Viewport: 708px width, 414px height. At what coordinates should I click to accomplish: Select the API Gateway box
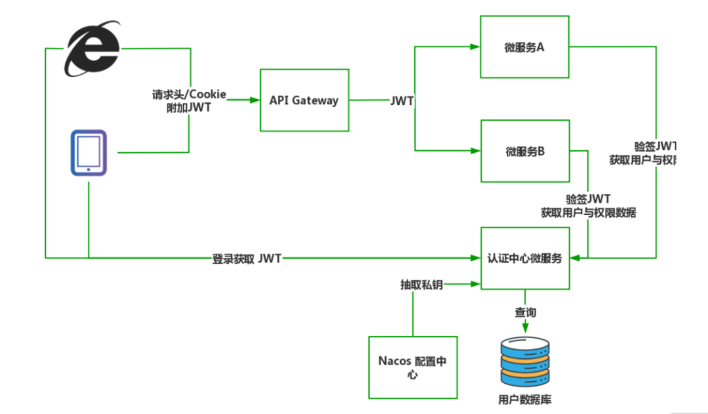click(304, 100)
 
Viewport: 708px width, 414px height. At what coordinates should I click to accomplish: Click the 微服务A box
click(524, 47)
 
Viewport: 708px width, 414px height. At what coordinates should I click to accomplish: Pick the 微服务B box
click(524, 151)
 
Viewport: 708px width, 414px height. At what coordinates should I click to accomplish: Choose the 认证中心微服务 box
click(524, 258)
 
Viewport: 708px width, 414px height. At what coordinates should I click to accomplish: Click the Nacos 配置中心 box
click(412, 367)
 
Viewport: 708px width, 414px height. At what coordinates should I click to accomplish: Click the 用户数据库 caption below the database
click(524, 399)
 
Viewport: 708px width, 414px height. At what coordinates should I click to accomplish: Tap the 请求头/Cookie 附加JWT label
click(189, 101)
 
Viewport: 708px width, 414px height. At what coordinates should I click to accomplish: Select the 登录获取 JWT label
click(246, 258)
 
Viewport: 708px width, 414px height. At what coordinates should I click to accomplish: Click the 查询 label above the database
click(524, 312)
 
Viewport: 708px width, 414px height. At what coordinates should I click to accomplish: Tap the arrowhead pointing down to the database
click(524, 326)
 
